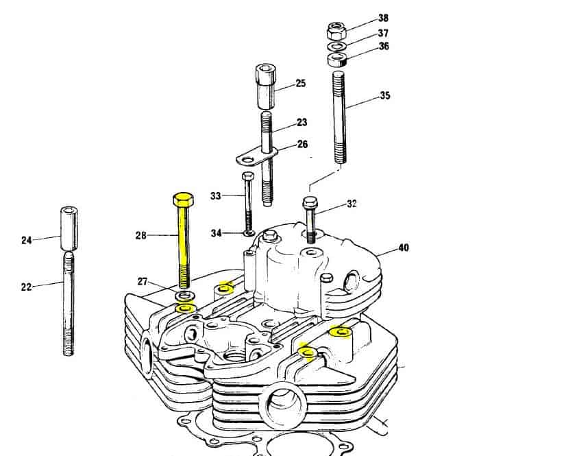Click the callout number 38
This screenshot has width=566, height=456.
383,18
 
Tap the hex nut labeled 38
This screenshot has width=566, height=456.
336,31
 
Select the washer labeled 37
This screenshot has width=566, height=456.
337,46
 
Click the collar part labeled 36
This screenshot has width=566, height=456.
337,59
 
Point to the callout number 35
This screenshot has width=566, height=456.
385,96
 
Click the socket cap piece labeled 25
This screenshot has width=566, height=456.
267,86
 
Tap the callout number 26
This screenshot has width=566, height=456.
302,145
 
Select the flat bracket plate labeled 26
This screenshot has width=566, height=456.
257,156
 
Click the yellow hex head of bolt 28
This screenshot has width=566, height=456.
184,200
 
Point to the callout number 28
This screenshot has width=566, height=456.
140,236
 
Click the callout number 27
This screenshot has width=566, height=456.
143,281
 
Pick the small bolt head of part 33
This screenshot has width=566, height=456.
248,176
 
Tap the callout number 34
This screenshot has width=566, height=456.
216,233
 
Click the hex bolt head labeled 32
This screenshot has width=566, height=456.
310,202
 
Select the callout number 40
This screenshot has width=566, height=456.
404,248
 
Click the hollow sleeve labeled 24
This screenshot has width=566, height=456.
69,228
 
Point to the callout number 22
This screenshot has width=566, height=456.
26,287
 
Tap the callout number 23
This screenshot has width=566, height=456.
302,123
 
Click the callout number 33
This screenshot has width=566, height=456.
215,196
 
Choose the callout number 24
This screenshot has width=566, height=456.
26,240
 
